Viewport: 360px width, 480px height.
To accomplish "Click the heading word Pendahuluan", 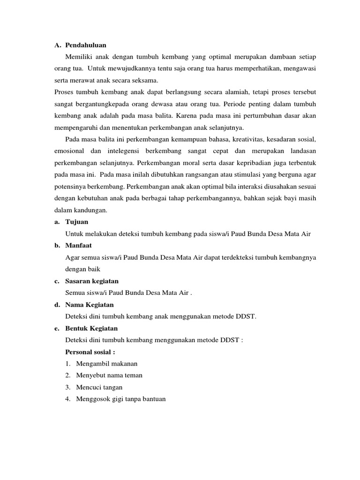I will tap(86, 45).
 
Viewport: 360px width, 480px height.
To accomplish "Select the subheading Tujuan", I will tap(77, 221).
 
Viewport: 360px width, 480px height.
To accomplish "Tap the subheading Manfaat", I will tap(79, 245).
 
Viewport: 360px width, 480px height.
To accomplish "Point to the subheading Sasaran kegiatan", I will tap(92, 281).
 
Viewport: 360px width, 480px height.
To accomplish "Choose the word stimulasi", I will tap(226, 174).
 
